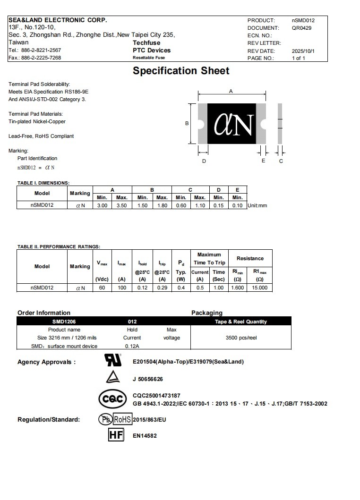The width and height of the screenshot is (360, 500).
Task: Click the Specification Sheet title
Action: (181, 71)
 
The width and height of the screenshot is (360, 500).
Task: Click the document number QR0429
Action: (301, 28)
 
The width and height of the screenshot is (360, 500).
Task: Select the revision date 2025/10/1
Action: (303, 51)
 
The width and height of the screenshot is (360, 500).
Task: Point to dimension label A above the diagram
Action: (231, 91)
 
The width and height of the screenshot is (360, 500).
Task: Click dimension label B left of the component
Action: (187, 123)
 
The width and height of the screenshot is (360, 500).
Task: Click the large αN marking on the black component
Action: (233, 124)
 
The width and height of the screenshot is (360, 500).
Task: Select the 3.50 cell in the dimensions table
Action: (121, 205)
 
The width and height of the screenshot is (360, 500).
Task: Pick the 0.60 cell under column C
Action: (181, 205)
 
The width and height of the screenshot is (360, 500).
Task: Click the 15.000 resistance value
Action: (259, 288)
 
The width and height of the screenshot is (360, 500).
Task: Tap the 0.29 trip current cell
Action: (162, 288)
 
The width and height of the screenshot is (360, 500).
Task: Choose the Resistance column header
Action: (250, 258)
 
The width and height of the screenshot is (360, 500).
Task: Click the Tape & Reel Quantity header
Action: (241, 322)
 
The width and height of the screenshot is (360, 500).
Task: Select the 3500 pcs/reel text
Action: (241, 338)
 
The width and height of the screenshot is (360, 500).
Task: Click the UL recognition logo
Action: (112, 360)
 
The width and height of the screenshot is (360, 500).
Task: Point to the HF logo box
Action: (116, 435)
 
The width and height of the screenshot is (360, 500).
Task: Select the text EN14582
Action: (145, 436)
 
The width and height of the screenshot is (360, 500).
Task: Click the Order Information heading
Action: (44, 313)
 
